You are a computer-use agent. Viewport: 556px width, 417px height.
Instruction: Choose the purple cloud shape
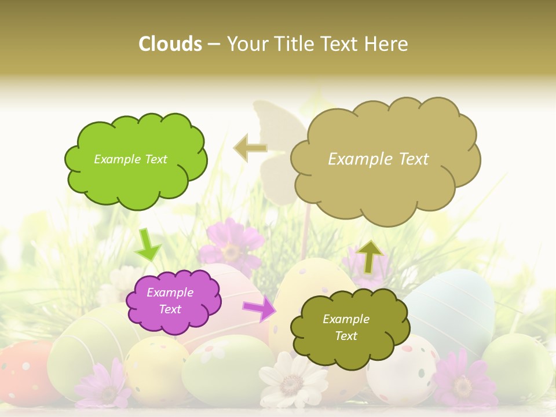(176, 301)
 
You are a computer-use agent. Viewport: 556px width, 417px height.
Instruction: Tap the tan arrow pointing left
(250, 148)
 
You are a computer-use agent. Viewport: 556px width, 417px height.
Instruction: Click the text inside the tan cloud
(378, 159)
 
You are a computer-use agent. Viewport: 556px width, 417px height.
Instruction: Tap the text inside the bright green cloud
(130, 159)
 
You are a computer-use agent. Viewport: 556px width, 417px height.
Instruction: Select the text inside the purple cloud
(170, 301)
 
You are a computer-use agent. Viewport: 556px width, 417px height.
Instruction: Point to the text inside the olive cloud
(346, 328)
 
